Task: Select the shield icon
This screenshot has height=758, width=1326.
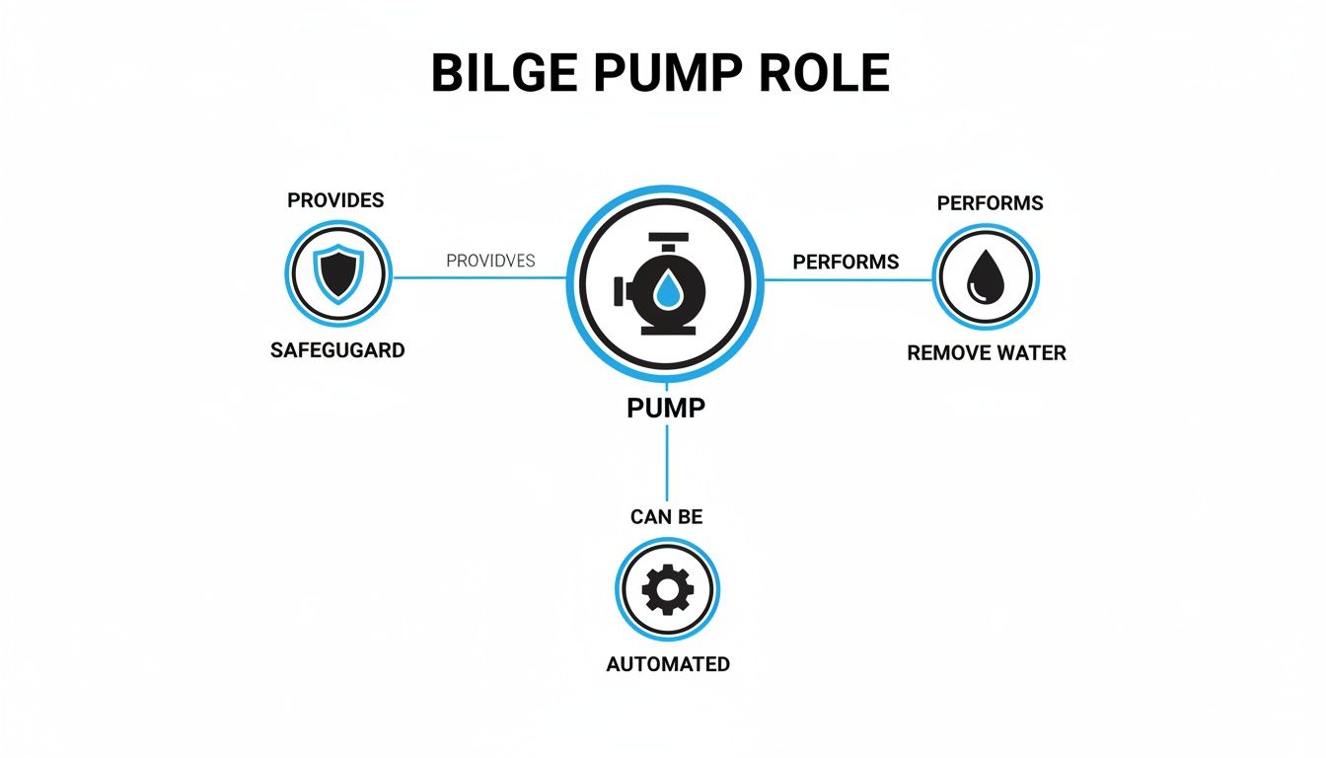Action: click(337, 272)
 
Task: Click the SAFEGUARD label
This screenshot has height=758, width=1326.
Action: click(337, 350)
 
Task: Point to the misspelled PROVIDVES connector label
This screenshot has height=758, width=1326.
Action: click(490, 262)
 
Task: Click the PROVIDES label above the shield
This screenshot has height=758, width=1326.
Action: click(335, 200)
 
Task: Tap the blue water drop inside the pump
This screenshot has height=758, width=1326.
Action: click(668, 289)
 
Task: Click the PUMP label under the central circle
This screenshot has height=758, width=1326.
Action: click(666, 408)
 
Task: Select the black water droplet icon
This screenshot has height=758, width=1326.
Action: click(986, 275)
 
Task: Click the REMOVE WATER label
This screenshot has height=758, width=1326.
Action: click(987, 353)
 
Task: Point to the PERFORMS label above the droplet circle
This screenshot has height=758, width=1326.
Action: click(990, 203)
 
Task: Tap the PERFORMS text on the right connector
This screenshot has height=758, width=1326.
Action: click(846, 262)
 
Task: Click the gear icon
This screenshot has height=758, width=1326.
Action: click(667, 590)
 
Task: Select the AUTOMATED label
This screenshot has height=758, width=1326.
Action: click(668, 664)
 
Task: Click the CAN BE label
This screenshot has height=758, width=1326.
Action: click(667, 516)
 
